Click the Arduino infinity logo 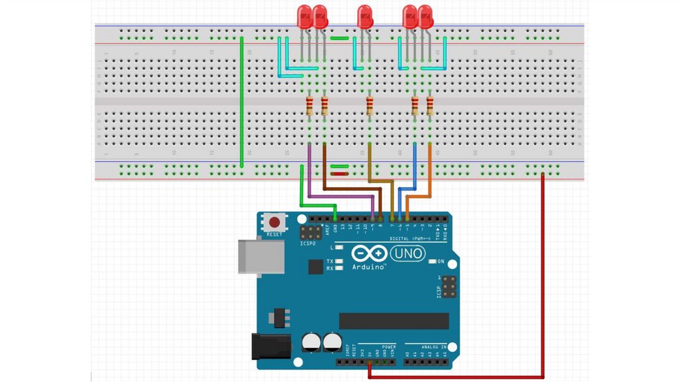tap(368, 254)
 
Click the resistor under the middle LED tap(370, 106)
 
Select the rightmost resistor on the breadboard tap(430, 106)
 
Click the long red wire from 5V tap(543, 280)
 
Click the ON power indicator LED tap(432, 262)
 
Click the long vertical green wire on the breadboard tap(241, 103)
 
